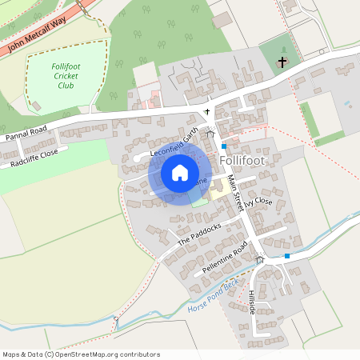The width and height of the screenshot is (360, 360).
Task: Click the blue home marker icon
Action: (x=180, y=173)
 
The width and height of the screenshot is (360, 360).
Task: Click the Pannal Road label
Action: (x=26, y=133)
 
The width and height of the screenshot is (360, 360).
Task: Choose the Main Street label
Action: (x=237, y=194)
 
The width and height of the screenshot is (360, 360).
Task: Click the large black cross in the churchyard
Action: (x=282, y=62)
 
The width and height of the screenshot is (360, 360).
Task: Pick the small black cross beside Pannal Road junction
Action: (x=207, y=112)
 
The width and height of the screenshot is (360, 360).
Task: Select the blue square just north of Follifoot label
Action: (x=225, y=146)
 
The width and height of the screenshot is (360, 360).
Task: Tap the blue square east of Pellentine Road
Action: (x=287, y=256)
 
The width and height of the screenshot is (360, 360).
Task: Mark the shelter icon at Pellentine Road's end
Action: (x=259, y=259)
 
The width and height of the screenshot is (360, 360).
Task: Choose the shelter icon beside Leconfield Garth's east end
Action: (x=210, y=134)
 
